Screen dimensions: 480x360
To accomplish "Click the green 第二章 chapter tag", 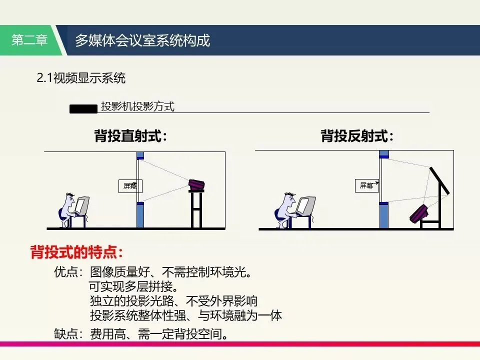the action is [30, 40].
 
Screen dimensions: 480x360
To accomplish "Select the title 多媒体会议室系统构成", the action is [142, 40].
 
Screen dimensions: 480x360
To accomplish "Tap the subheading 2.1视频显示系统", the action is [80, 78].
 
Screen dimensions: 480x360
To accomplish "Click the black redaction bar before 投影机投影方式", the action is [83, 108].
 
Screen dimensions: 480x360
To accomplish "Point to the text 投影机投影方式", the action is [137, 107].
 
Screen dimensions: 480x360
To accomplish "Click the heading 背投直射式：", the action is [130, 136].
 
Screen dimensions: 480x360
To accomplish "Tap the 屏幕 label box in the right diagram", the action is [367, 186].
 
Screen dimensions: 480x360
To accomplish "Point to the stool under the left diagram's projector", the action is [196, 210].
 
